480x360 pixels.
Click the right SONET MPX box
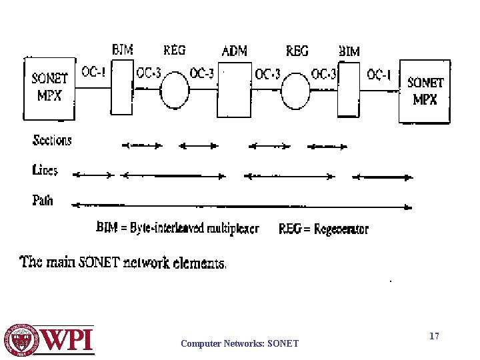(x=425, y=91)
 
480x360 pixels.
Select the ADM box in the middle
(x=235, y=89)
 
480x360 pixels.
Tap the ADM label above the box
(x=235, y=51)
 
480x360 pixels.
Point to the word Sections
(x=52, y=140)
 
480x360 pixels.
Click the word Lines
(x=45, y=170)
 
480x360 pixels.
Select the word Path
(x=43, y=199)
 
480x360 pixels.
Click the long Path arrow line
(x=240, y=206)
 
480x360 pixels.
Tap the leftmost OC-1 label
(x=93, y=72)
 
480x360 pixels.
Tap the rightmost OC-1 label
(x=379, y=75)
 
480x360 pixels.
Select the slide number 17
(x=434, y=337)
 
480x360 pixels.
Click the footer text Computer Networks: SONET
(x=240, y=344)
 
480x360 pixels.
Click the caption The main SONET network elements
(x=124, y=262)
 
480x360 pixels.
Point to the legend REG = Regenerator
(x=323, y=229)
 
